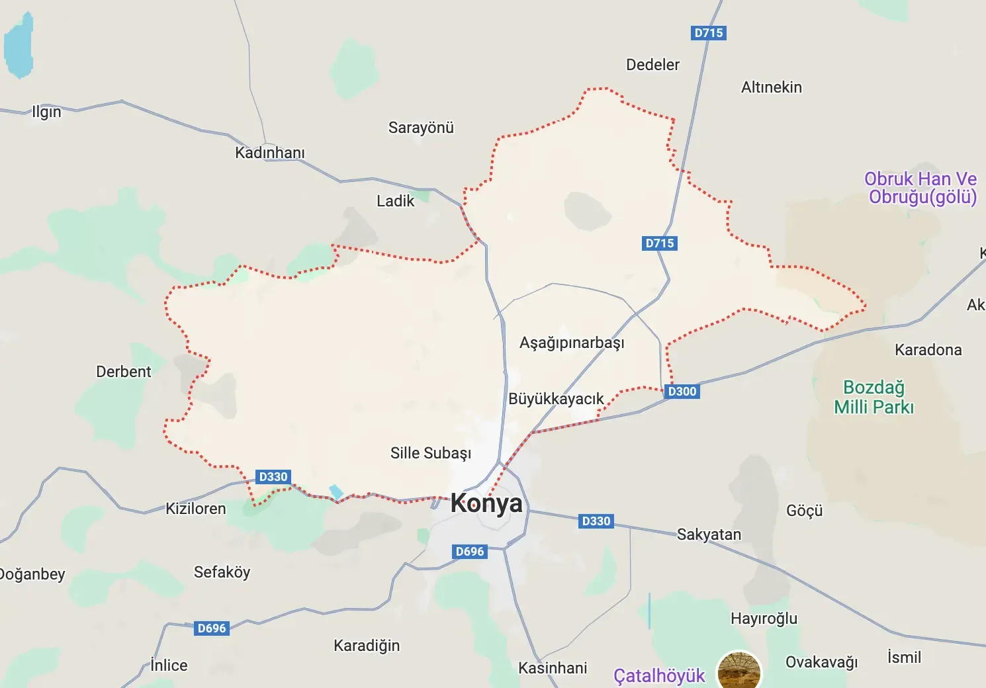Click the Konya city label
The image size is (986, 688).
pos(486,503)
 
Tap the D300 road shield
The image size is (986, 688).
pos(682,391)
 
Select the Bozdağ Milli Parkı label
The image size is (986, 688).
pos(874,397)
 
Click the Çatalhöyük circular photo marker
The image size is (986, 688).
pos(740,671)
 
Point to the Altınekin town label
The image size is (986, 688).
pos(771,87)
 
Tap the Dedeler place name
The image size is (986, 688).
pos(652,65)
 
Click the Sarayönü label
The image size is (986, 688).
pos(421,128)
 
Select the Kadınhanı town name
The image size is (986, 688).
pos(270,153)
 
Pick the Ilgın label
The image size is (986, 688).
pos(46,112)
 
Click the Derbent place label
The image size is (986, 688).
pos(124,372)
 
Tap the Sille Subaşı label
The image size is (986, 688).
pos(431,453)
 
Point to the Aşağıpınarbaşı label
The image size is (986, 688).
pos(572,343)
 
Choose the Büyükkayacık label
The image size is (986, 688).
pos(556,399)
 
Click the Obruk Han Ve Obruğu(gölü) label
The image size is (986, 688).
pos(920,188)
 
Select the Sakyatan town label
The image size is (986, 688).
pos(709,535)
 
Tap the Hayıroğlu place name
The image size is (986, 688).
pos(764,619)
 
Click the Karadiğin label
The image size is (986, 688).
pos(367,646)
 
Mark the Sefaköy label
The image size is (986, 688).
pos(222,572)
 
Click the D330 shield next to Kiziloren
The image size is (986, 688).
pos(273,477)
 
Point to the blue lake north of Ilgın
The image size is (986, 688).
pos(19,46)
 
